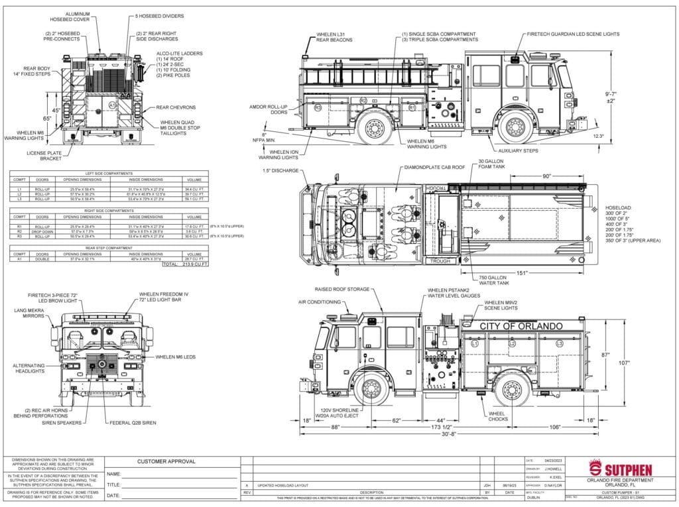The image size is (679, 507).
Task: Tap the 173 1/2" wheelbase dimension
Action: [454, 427]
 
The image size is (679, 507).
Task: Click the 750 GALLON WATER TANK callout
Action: [492, 279]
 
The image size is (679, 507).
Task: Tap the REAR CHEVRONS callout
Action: [176, 107]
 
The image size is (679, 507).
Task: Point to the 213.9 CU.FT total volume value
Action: [194, 264]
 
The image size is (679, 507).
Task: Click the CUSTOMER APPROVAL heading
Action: [166, 461]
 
